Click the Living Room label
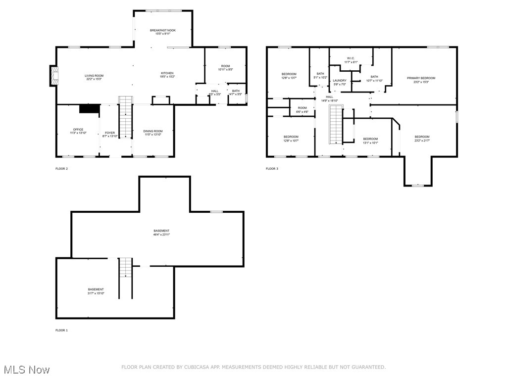[94, 76]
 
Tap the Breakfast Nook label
[163, 30]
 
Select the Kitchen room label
[166, 73]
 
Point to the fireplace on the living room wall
[54, 76]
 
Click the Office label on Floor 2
[78, 130]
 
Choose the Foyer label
[109, 133]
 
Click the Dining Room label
[153, 131]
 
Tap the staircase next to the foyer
[126, 119]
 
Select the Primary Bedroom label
[421, 78]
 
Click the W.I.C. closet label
[350, 58]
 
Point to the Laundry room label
[340, 80]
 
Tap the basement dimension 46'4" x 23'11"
[161, 235]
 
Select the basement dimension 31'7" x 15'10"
[96, 293]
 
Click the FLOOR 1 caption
[61, 330]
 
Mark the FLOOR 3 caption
[272, 169]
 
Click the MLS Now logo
[27, 370]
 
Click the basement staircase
[126, 270]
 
